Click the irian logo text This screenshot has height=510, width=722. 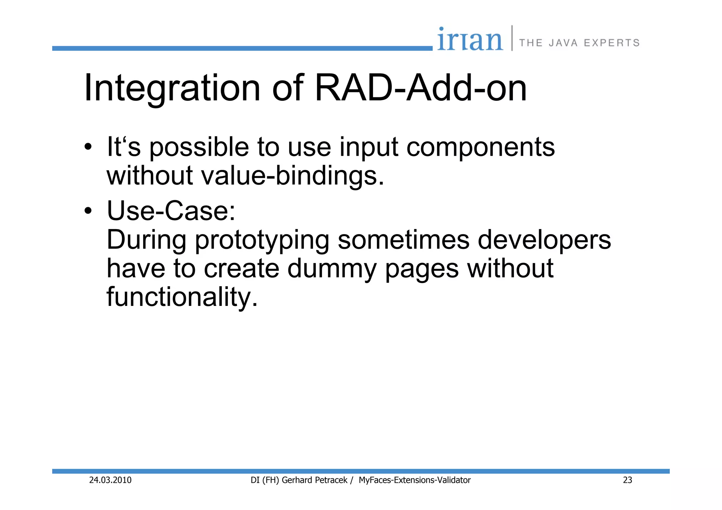[x=470, y=39]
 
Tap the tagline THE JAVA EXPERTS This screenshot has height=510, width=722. [x=579, y=43]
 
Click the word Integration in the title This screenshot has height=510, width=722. [x=172, y=88]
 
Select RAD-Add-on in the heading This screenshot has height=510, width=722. [x=420, y=88]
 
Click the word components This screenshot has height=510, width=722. [x=481, y=147]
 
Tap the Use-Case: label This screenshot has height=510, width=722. [x=171, y=211]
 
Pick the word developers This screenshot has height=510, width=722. [x=544, y=240]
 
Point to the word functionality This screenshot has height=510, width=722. [x=182, y=297]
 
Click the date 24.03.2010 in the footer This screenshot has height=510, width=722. [x=110, y=480]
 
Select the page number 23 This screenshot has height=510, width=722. [x=628, y=480]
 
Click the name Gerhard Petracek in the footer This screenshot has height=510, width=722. [x=314, y=480]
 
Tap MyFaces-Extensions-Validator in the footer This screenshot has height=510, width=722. [x=415, y=480]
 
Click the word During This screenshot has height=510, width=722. [x=146, y=240]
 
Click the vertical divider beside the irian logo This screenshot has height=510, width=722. [x=512, y=38]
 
